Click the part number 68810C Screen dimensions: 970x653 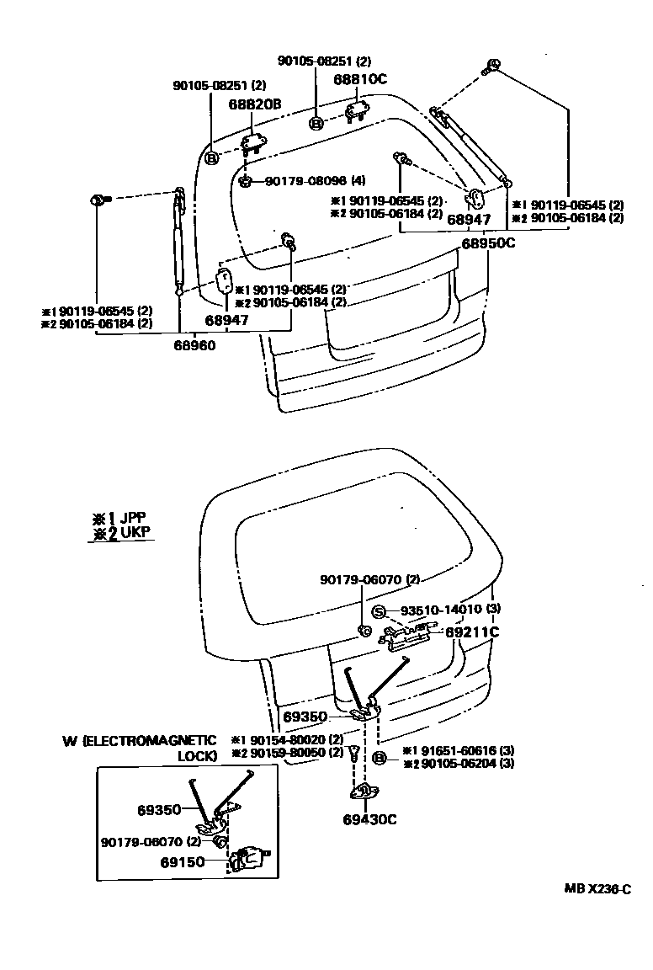pos(359,79)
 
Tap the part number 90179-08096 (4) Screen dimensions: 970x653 pos(304,181)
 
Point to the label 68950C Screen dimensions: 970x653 pos(487,243)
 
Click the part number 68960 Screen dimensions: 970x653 pos(195,344)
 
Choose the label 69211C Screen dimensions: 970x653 pos(472,631)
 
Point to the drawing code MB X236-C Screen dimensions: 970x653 pos(597,888)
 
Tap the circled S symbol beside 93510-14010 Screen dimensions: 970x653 pos(380,610)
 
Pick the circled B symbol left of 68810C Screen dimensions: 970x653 pos(316,124)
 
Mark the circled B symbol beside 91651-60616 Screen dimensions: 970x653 pos(379,759)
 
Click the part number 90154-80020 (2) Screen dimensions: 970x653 pos(287,739)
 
